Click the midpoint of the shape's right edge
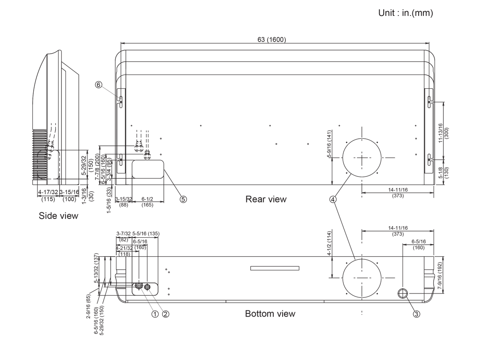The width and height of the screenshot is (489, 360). coord(449,172)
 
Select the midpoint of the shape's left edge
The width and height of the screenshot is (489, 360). coord(32,185)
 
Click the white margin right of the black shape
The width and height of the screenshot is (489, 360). coord(469,177)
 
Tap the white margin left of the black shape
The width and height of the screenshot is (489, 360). coord(16,177)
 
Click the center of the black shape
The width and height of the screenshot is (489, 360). coord(241,177)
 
